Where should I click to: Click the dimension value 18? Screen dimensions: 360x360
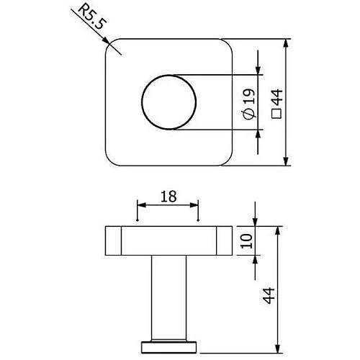point(167,196)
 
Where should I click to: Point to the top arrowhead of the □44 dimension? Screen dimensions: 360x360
point(287,42)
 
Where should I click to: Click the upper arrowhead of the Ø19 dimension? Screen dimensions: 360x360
point(258,71)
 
